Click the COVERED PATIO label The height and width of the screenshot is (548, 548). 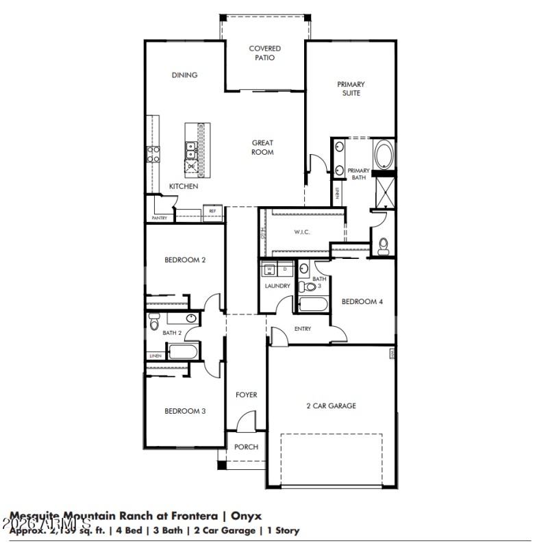265,53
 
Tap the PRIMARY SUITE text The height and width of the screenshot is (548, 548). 351,88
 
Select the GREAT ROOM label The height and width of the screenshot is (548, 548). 262,147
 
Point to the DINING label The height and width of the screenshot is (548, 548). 184,75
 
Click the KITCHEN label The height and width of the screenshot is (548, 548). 184,186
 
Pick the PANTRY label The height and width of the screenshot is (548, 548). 159,219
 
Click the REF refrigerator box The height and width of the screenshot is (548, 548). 212,211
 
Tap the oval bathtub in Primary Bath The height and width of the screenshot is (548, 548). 384,154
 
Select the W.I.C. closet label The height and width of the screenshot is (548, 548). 302,232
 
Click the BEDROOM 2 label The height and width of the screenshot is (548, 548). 185,260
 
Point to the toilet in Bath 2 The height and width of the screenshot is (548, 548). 154,320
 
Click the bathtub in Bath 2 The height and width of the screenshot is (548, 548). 183,353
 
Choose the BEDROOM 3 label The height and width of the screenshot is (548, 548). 185,411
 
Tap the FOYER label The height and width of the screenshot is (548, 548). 247,395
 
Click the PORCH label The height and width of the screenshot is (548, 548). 247,447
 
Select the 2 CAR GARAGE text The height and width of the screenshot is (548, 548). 331,406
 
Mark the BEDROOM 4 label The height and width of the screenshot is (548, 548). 362,301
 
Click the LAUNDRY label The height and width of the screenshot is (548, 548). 277,286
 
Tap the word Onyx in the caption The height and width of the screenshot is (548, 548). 245,516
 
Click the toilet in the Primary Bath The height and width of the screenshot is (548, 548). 384,245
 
